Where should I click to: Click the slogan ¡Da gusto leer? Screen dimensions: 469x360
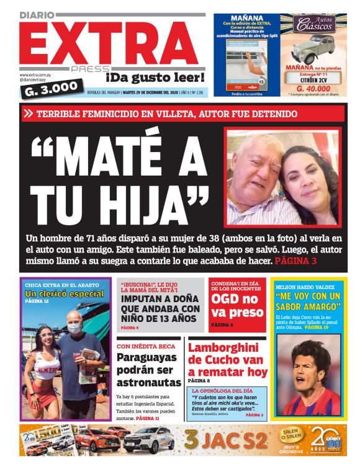click(x=155, y=78)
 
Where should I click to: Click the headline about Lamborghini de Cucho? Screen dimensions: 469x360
click(x=227, y=360)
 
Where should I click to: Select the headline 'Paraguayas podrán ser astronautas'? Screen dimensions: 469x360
click(x=149, y=370)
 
